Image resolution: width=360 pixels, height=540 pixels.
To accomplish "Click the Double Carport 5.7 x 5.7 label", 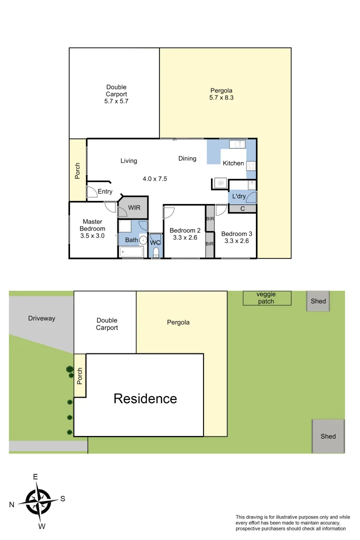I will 116,94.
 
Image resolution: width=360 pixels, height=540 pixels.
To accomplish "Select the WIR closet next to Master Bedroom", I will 134,207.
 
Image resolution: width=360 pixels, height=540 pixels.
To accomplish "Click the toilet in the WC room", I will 155,251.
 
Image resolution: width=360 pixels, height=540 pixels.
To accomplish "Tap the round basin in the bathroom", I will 143,240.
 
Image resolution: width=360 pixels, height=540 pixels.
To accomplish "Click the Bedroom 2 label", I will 185,230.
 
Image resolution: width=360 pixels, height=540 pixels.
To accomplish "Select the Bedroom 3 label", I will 236,233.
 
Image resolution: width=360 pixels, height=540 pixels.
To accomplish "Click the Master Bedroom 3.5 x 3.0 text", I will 92,228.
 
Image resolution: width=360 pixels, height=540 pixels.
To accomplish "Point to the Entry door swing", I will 91,191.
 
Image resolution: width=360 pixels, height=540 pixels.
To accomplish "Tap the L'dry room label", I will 238,196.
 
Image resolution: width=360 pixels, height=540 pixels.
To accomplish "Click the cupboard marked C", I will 242,208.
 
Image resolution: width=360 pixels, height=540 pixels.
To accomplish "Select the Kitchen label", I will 233,163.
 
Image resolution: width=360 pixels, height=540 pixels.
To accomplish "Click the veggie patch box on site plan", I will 266,298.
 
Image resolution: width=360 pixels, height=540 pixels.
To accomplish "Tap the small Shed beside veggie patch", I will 318,301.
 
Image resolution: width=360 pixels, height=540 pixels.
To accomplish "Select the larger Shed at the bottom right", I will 328,436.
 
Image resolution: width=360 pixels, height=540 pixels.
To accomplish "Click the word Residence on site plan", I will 145,398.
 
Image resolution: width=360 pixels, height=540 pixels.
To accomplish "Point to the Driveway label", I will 41,318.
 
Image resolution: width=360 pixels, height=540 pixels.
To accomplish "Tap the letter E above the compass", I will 35,477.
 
